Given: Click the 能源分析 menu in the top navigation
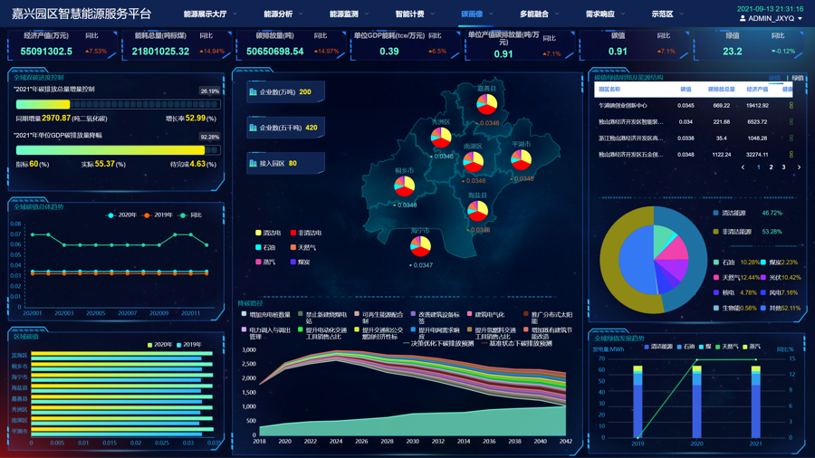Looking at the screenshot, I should pyautogui.click(x=278, y=14).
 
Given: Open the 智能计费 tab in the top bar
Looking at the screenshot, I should pyautogui.click(x=409, y=14).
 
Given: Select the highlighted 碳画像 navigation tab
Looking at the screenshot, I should pyautogui.click(x=472, y=14).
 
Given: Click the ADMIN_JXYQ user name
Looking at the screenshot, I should pyautogui.click(x=772, y=18).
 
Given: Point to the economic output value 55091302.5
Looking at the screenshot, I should pyautogui.click(x=46, y=52).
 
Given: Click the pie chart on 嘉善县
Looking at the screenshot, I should pyautogui.click(x=487, y=106).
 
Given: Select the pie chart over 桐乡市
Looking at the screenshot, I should pyautogui.click(x=404, y=186).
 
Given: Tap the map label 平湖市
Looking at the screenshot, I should pyautogui.click(x=522, y=145).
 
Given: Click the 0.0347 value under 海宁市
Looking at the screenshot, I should pyautogui.click(x=421, y=265).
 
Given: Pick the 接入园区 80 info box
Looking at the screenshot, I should pyautogui.click(x=284, y=164).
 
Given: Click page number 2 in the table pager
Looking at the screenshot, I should pyautogui.click(x=772, y=167).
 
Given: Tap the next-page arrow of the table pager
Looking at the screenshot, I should pyautogui.click(x=798, y=167).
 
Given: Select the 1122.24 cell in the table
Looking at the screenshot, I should pyautogui.click(x=721, y=155).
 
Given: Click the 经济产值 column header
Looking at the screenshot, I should pyautogui.click(x=757, y=90).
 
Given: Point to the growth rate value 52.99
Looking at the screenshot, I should pyautogui.click(x=195, y=119).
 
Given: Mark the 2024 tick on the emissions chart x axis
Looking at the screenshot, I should pyautogui.click(x=336, y=442).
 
